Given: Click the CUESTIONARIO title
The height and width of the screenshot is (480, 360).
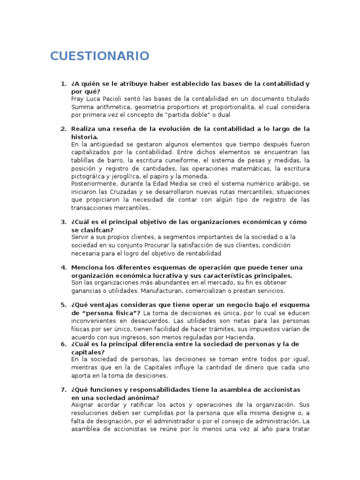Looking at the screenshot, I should tap(100, 56).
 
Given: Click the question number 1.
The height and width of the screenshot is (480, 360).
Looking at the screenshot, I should tap(63, 84).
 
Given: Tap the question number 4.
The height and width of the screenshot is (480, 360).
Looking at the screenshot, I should tap(63, 268).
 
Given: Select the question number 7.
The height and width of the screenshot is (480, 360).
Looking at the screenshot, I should tap(63, 390).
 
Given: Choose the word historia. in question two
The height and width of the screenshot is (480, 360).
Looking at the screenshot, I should tap(84, 137).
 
